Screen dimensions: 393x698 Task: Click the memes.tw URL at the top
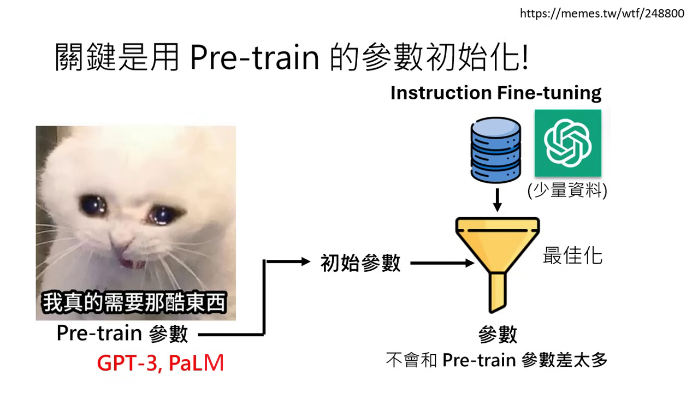click(x=601, y=13)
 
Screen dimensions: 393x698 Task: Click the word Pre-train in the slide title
click(x=255, y=58)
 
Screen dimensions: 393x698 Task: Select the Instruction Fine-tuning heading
click(x=495, y=93)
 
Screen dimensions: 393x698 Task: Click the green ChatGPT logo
click(x=567, y=143)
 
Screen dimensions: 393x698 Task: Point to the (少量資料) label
click(x=567, y=192)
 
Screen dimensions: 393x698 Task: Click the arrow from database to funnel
click(x=497, y=201)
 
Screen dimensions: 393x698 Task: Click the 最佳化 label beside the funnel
click(x=572, y=255)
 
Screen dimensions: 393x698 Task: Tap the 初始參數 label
click(x=360, y=263)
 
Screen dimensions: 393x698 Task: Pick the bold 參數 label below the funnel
click(x=497, y=335)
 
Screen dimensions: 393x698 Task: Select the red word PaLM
click(x=196, y=363)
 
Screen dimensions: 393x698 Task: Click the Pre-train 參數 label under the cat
click(x=122, y=334)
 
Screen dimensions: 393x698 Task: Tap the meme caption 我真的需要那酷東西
click(x=134, y=303)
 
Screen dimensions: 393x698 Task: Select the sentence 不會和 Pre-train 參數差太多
click(x=496, y=361)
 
